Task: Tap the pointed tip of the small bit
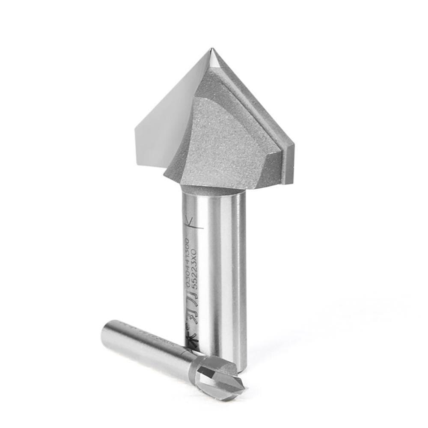244,388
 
